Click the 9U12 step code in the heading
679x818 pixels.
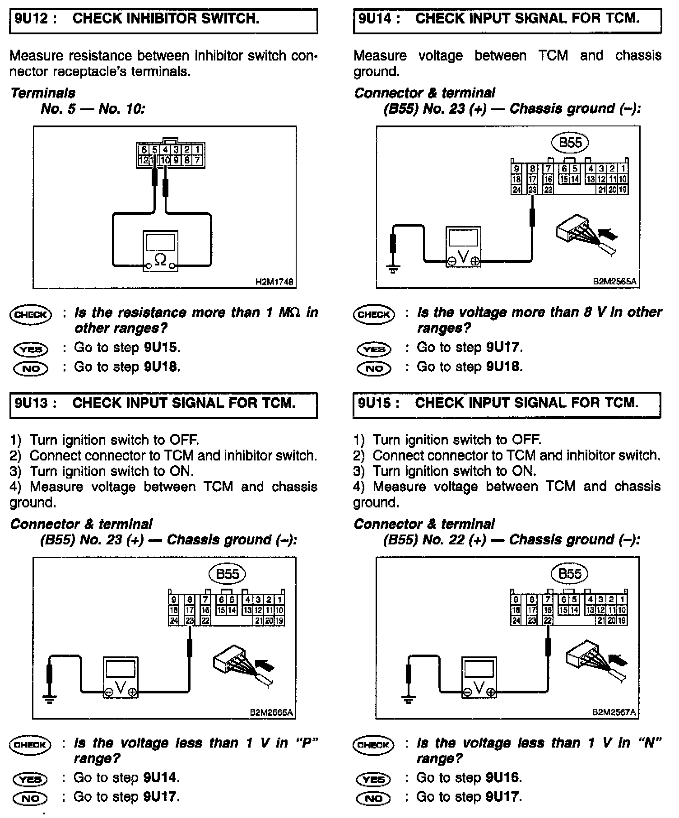36,19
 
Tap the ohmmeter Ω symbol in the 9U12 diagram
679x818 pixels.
160,259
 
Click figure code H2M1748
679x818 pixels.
274,282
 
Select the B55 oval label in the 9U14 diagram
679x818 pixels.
570,143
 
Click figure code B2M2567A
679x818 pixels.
614,712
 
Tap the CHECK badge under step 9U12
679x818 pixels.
31,315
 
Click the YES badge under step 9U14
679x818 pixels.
374,349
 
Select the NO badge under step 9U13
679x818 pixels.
31,798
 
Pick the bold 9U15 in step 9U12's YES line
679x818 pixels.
162,348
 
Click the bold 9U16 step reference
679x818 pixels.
504,778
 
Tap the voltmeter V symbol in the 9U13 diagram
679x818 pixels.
121,687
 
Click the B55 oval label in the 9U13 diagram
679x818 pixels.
228,574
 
